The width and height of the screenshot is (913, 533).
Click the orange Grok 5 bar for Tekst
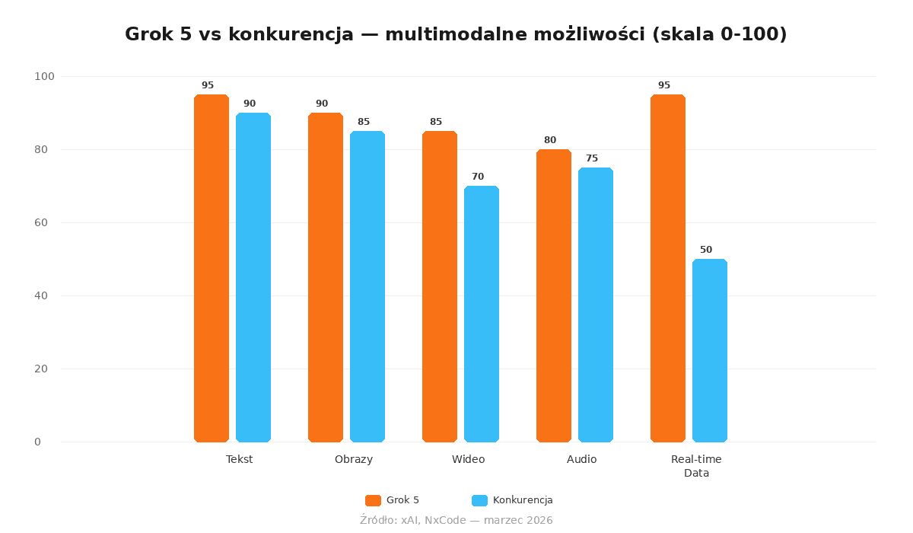point(212,268)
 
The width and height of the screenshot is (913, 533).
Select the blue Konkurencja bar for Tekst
point(253,277)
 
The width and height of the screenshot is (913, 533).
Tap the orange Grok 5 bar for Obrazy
point(326,277)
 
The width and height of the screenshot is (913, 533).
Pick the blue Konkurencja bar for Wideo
point(482,314)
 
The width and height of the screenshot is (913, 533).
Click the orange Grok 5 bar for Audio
point(554,295)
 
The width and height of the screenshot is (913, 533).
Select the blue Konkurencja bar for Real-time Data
point(710,350)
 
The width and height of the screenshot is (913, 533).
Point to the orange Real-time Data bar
point(668,268)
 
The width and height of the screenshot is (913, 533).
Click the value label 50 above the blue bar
point(706,250)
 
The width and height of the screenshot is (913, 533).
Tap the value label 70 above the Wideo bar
point(478,177)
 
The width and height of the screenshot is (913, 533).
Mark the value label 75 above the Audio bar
point(592,158)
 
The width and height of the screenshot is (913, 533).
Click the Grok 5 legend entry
point(393,500)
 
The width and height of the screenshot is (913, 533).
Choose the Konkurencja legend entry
point(513,500)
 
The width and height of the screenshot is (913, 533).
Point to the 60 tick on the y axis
point(41,222)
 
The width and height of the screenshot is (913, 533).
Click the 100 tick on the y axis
point(44,76)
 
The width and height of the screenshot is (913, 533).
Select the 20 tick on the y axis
point(41,369)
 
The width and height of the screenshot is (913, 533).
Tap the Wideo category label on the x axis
point(468,459)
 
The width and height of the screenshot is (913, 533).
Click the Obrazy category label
point(354,459)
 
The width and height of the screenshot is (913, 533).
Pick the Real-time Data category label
point(696,466)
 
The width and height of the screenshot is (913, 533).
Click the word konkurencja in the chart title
point(291,34)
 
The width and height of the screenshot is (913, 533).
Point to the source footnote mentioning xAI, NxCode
point(456,520)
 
